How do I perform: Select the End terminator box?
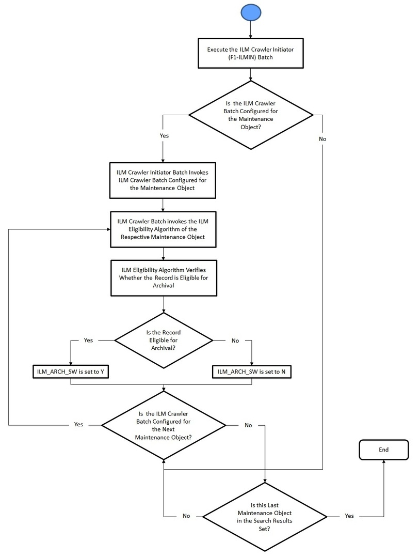pyautogui.click(x=383, y=450)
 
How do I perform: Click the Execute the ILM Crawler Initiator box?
pyautogui.click(x=251, y=54)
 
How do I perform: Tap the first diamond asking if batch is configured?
pyautogui.click(x=251, y=115)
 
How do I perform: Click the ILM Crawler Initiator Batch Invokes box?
pyautogui.click(x=163, y=181)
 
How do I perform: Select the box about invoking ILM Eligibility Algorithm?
pyautogui.click(x=163, y=229)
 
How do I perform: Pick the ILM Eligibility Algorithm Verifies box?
pyautogui.click(x=163, y=278)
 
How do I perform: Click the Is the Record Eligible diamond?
pyautogui.click(x=163, y=341)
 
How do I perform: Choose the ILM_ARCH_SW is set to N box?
pyautogui.click(x=251, y=372)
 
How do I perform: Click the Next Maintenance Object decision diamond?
pyautogui.click(x=163, y=425)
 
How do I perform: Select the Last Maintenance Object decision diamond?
pyautogui.click(x=265, y=516)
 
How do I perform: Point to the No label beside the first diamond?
pyautogui.click(x=322, y=139)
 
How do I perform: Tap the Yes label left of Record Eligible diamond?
pyautogui.click(x=88, y=341)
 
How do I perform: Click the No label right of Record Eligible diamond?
pyautogui.click(x=235, y=341)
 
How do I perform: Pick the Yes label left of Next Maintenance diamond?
pyautogui.click(x=78, y=425)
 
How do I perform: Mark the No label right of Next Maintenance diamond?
pyautogui.click(x=248, y=425)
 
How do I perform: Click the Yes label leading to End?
pyautogui.click(x=349, y=516)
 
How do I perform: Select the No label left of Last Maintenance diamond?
pyautogui.click(x=186, y=516)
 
